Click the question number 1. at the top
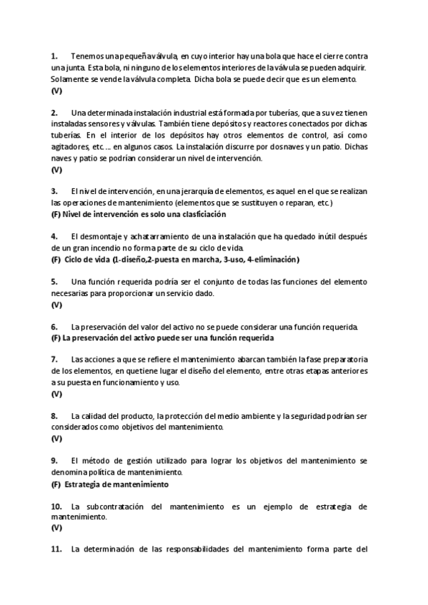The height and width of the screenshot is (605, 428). pos(54,56)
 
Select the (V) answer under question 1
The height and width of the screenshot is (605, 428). pos(56,91)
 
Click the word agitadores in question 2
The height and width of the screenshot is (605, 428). pos(69,146)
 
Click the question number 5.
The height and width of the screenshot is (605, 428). pos(54,281)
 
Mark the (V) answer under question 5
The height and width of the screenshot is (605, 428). pos(56,304)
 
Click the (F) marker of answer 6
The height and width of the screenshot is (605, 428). pos(56,337)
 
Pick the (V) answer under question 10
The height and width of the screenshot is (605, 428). pos(56,529)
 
